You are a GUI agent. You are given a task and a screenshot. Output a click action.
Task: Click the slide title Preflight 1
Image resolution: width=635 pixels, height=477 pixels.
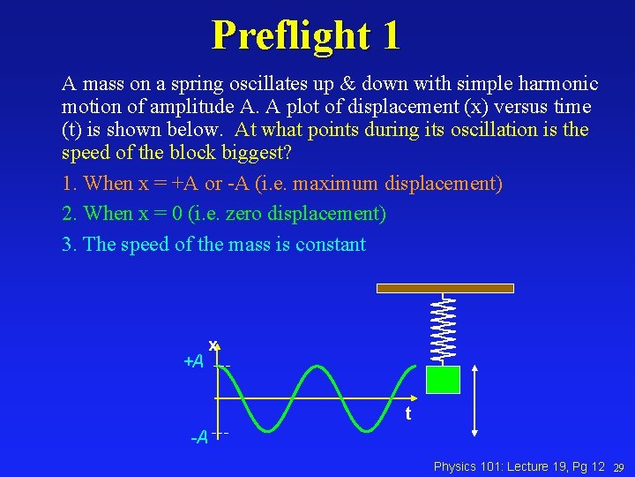point(306,35)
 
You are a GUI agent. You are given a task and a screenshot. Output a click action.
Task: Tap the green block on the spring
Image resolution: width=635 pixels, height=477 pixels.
point(444,379)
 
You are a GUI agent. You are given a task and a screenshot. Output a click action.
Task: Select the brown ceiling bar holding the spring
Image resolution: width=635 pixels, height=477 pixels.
point(444,288)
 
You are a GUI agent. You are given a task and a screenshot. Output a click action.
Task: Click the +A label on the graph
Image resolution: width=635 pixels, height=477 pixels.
point(194,361)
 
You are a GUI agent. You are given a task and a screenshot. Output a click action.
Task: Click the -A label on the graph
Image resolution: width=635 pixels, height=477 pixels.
point(200,437)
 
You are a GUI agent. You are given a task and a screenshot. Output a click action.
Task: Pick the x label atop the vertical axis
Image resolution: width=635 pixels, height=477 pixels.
point(213,344)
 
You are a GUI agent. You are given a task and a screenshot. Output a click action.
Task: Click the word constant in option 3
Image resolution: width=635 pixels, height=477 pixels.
point(332,244)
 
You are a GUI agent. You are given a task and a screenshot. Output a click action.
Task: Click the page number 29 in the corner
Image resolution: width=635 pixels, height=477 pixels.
point(619,466)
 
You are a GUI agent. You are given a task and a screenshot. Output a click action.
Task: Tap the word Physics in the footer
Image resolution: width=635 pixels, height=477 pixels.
point(455,466)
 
